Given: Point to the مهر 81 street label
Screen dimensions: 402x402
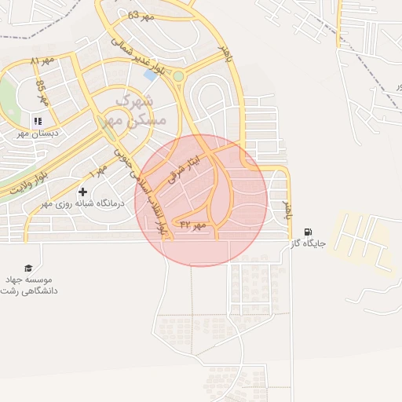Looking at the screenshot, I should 44,60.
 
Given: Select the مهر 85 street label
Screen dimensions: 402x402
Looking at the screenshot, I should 42,93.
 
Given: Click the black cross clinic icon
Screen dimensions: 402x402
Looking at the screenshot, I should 82,192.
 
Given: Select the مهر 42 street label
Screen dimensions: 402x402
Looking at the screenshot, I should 192,225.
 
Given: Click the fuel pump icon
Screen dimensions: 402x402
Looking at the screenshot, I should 307,232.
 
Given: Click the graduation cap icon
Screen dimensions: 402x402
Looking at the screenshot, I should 29,268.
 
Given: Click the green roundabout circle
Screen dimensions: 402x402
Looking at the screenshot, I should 178,76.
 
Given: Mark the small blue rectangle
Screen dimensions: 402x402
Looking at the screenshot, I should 150,75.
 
